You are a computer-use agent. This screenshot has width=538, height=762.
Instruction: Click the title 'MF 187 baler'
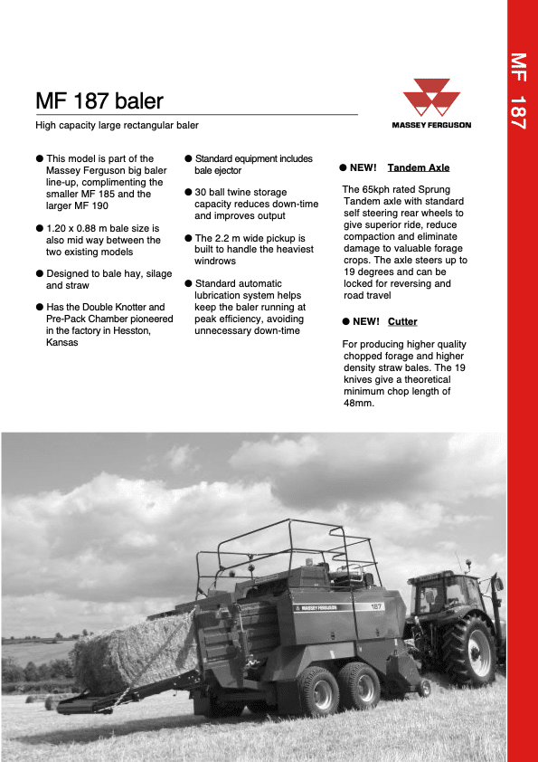pos(99,100)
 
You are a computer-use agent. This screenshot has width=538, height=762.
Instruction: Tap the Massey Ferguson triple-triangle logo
pos(430,99)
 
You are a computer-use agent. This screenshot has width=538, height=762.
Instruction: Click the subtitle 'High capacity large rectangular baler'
pos(117,126)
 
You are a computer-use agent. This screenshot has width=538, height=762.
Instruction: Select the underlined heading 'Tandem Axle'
pos(418,167)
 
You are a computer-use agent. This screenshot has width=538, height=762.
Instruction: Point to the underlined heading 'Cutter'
pos(402,321)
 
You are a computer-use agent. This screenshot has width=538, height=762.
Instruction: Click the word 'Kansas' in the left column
pos(61,342)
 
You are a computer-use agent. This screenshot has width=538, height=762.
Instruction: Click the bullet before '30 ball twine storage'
pos(188,193)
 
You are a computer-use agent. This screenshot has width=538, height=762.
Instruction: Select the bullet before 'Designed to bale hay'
pos(40,273)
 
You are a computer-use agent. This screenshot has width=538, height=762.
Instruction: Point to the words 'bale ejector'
pos(218,170)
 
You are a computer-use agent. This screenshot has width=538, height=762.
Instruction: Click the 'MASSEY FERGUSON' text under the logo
pos(430,126)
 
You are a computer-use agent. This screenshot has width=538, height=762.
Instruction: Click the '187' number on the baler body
pos(375,605)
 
